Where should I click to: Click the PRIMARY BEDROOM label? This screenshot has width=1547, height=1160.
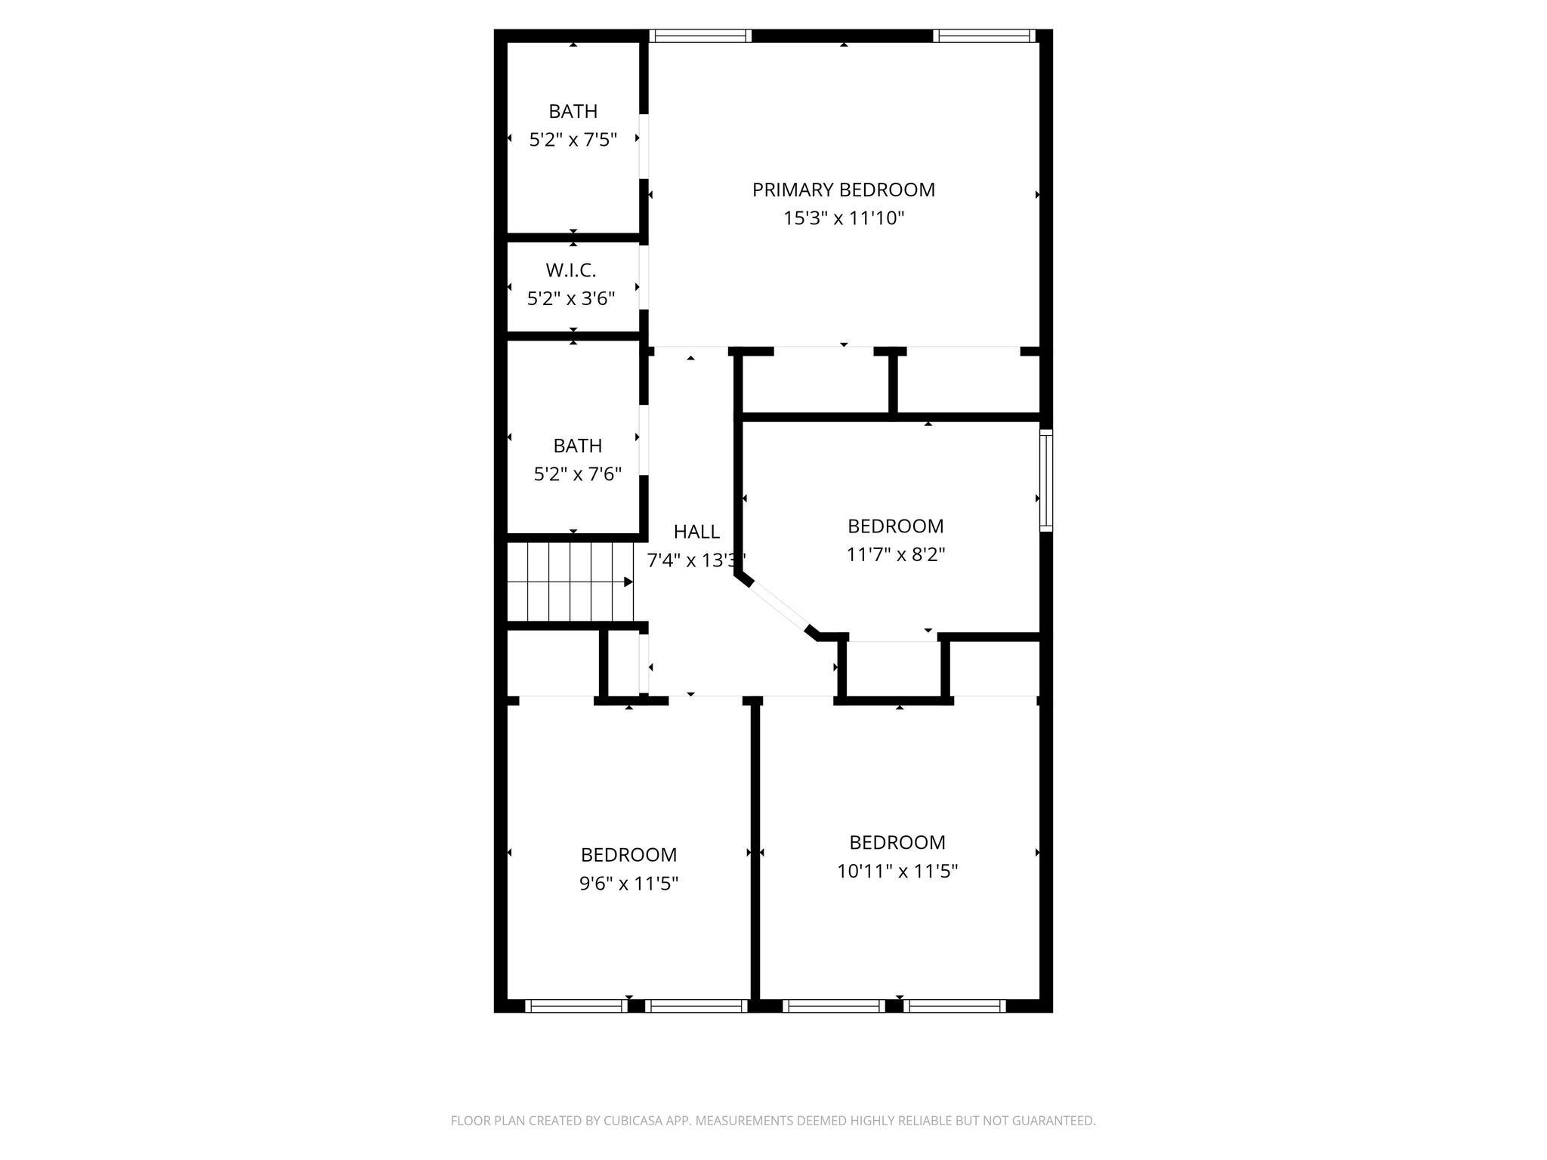click(843, 190)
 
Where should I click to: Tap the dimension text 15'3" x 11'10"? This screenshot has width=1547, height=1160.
click(843, 219)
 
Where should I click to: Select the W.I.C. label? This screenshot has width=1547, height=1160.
click(571, 270)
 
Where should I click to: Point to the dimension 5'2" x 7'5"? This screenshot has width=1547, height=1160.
click(573, 140)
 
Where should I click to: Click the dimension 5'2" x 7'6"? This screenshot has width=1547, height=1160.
click(577, 474)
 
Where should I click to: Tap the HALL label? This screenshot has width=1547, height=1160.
click(696, 532)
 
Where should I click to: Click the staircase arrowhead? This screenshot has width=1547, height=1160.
click(628, 582)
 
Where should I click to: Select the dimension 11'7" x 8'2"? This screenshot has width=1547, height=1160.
click(895, 555)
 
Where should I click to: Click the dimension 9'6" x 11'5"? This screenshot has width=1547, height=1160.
click(628, 884)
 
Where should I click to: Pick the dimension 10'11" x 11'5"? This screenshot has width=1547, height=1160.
click(897, 872)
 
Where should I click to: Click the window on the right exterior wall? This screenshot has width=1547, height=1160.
click(1045, 480)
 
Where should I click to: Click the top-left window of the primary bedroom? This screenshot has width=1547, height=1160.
click(700, 35)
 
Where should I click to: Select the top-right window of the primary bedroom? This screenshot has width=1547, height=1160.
click(983, 35)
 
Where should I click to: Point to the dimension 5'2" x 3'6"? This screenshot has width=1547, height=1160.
click(571, 299)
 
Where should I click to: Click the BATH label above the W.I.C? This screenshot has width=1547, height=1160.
click(573, 112)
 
